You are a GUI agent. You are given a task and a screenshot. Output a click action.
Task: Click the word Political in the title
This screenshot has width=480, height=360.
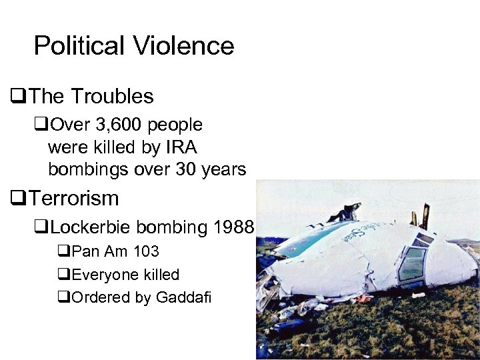pos(79,46)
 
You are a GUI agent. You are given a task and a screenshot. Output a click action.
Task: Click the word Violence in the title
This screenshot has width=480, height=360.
pos(183,46)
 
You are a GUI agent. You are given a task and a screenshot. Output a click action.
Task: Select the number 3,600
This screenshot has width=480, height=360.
pos(119,125)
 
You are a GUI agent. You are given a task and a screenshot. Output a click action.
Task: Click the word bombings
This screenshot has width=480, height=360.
pos(88,169)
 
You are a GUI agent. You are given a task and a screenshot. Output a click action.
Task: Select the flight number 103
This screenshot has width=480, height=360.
pos(145,252)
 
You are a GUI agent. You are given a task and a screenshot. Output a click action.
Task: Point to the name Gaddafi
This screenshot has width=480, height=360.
pos(183,297)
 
